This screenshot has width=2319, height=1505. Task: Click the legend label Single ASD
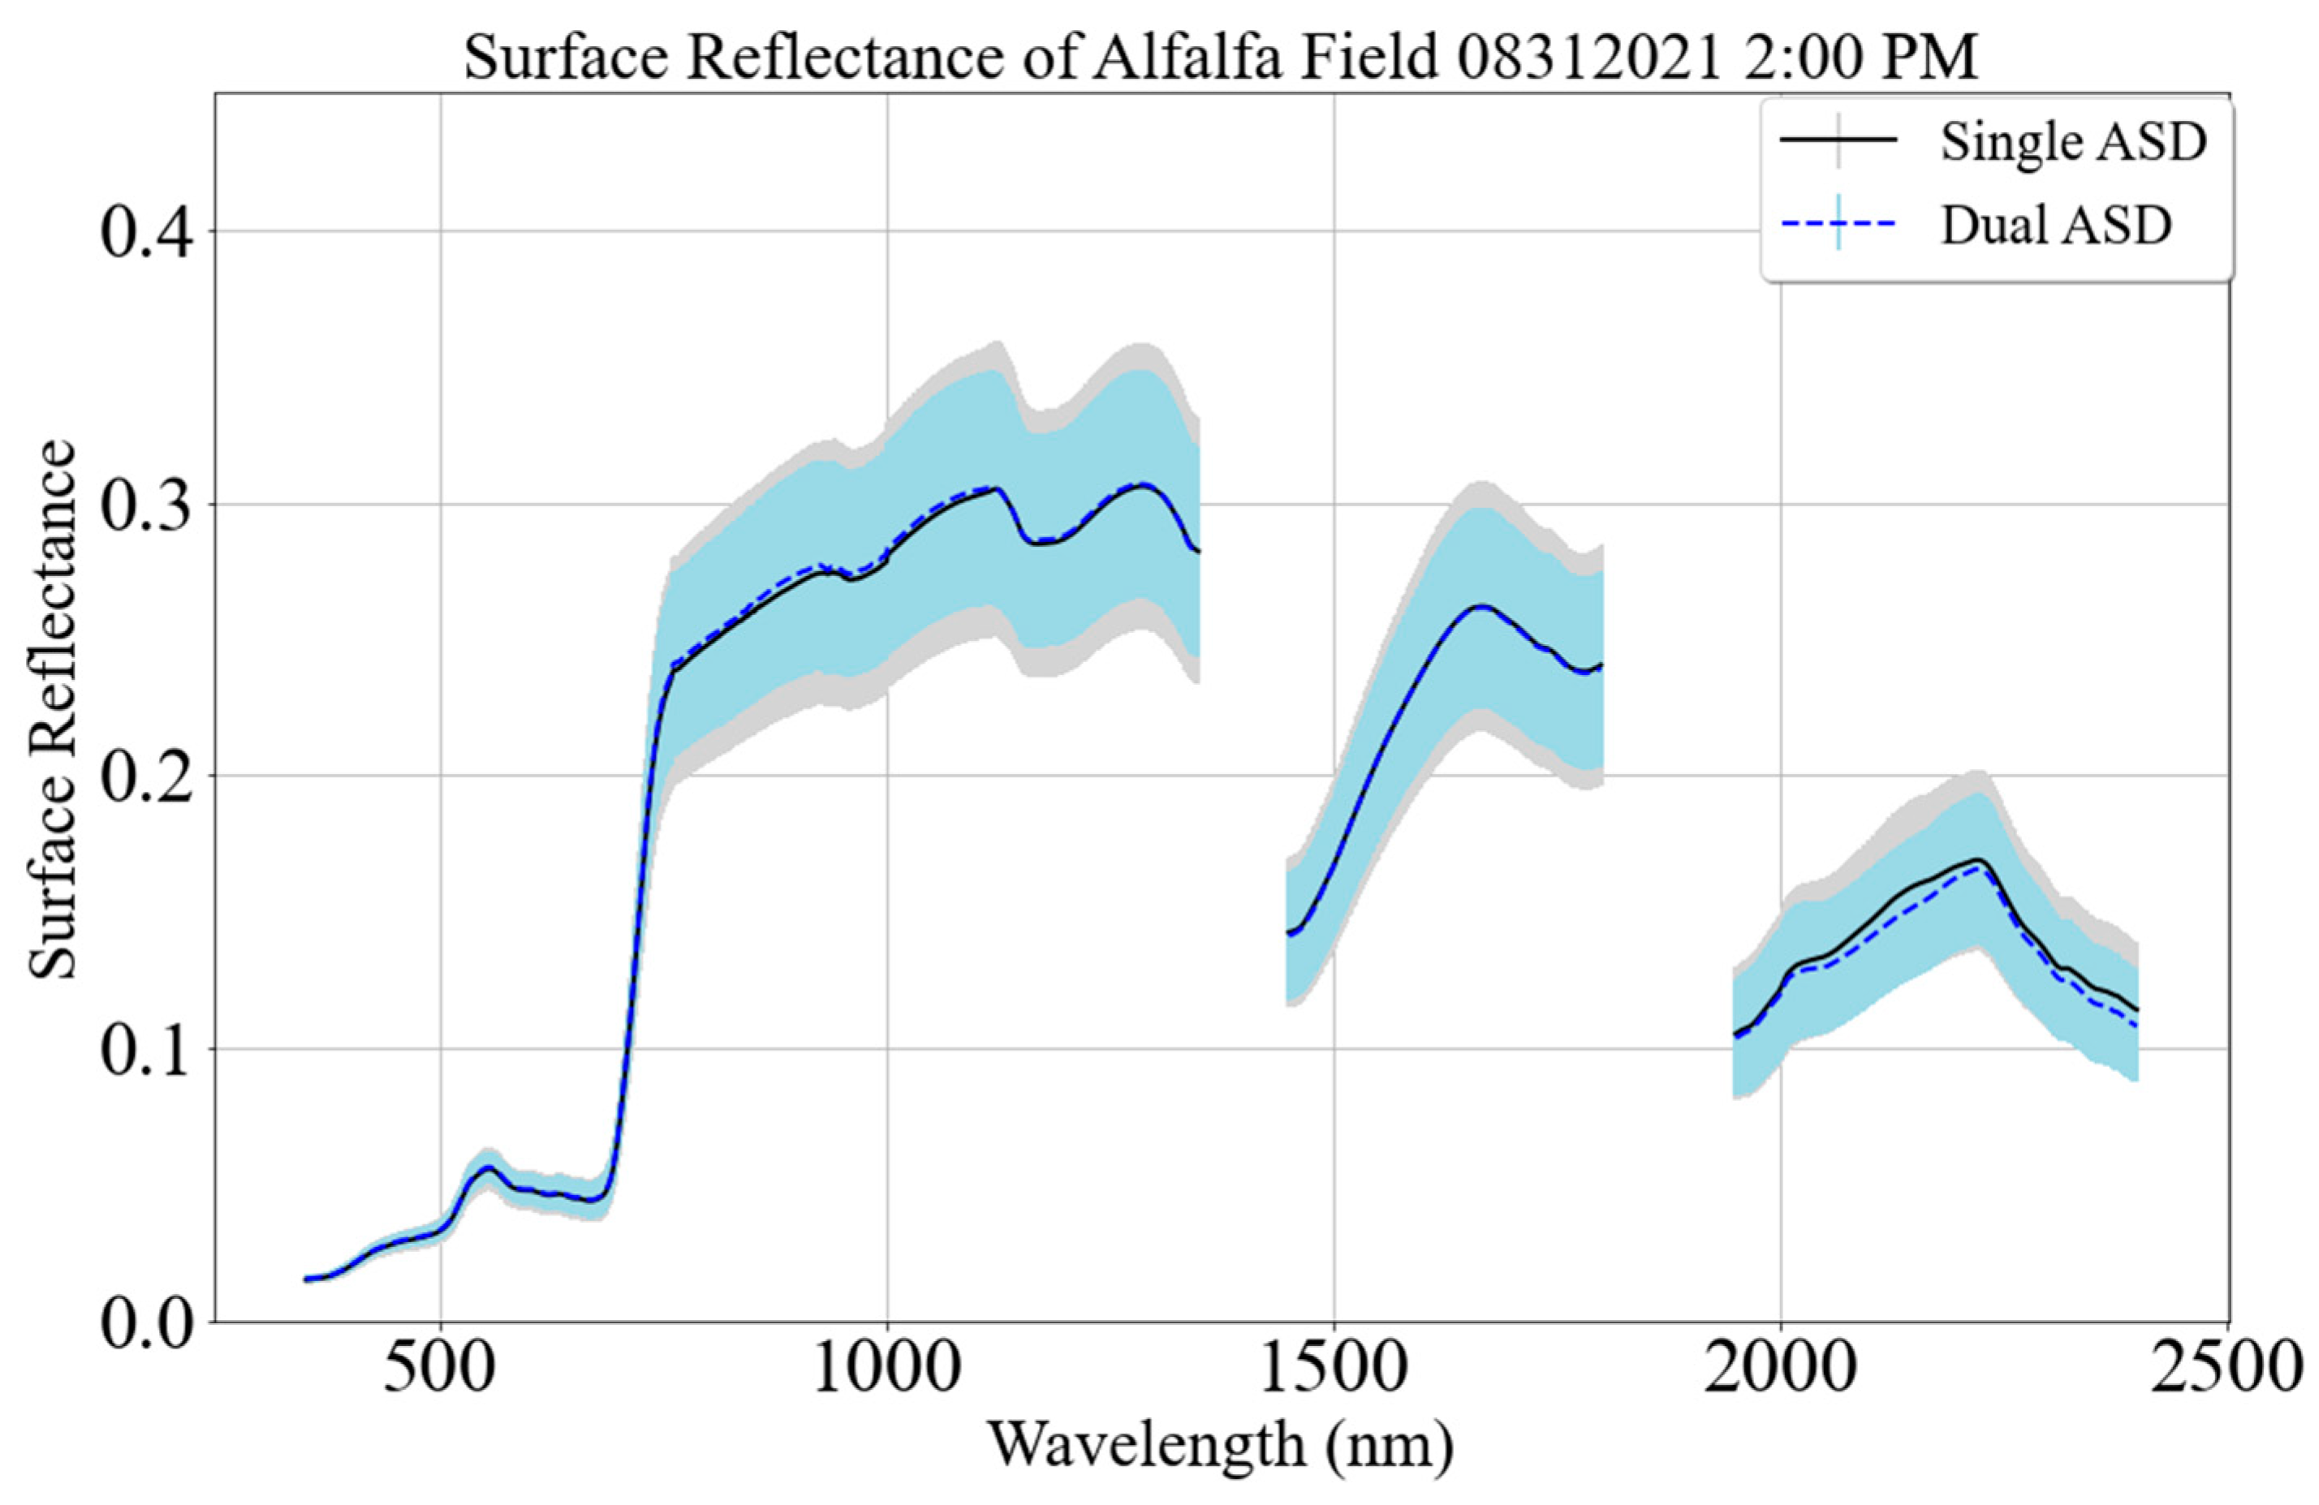tap(2072, 142)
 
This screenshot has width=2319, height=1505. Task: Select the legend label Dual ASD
tap(2056, 226)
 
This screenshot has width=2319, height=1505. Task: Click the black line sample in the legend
tap(1838, 141)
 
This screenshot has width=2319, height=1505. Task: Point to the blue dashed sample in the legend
tap(1838, 225)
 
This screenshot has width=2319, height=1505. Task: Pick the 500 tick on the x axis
tap(441, 1370)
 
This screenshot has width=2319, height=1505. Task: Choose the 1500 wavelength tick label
tap(1334, 1370)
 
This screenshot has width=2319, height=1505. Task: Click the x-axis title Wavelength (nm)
tap(1221, 1447)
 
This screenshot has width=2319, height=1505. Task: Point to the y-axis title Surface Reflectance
tap(50, 709)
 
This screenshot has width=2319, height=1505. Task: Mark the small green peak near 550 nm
tap(488, 1167)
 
